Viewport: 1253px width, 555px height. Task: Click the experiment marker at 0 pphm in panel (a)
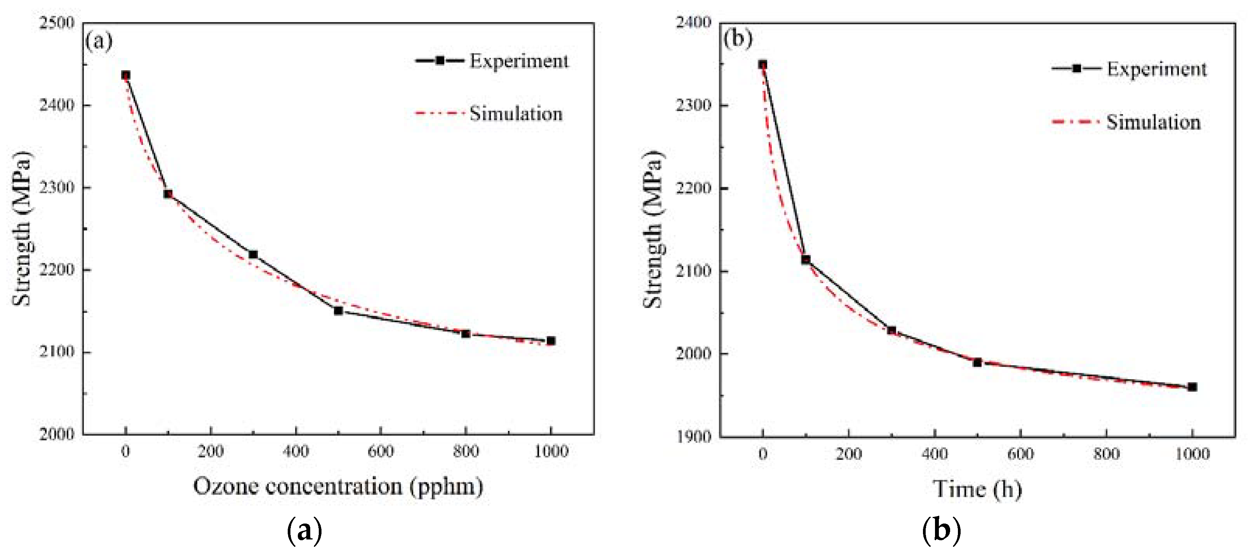pyautogui.click(x=125, y=75)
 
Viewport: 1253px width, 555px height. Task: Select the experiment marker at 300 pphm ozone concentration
pyautogui.click(x=253, y=254)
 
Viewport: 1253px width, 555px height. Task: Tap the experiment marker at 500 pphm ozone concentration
pyautogui.click(x=339, y=310)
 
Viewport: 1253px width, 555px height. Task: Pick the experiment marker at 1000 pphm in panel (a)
pyautogui.click(x=551, y=341)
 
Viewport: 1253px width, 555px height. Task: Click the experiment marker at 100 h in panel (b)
pyautogui.click(x=805, y=259)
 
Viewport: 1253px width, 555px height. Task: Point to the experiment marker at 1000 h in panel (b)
pyautogui.click(x=1192, y=387)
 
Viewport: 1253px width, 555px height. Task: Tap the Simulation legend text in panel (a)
pyautogui.click(x=516, y=114)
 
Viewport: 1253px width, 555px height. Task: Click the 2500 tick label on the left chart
pyautogui.click(x=56, y=23)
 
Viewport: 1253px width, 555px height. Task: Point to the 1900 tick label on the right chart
pyautogui.click(x=693, y=436)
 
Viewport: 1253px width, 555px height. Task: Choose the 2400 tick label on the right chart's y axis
pyautogui.click(x=693, y=23)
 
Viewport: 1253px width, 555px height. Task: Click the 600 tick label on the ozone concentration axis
pyautogui.click(x=381, y=452)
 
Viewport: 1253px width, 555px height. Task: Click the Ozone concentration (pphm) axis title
pyautogui.click(x=338, y=486)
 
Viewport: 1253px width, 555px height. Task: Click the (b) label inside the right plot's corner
pyautogui.click(x=737, y=38)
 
